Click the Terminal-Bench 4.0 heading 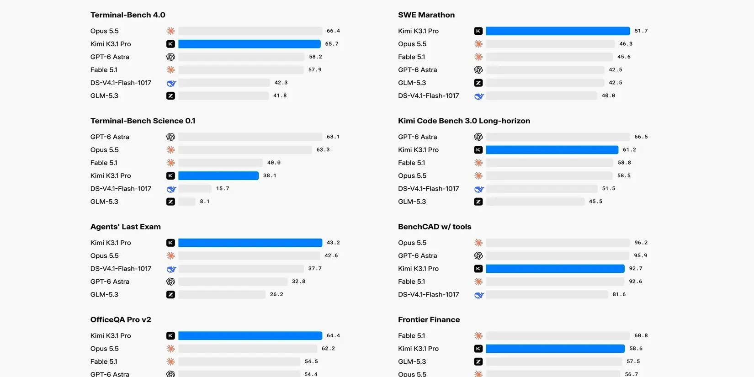tap(127, 15)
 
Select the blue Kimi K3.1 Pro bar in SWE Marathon tap(558, 31)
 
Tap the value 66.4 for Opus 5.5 tap(333, 31)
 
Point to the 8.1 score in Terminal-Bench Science tap(205, 202)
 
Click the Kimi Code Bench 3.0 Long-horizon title tap(464, 121)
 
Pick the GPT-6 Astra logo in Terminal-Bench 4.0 tap(170, 57)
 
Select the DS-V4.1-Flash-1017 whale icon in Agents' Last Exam tap(171, 269)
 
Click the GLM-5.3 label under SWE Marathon tap(412, 83)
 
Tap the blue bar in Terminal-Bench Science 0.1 tap(218, 176)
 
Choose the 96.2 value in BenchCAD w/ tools tap(641, 243)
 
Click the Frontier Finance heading tap(429, 319)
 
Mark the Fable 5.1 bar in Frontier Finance tap(558, 335)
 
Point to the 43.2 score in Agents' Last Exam tap(333, 243)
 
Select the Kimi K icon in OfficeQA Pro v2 tap(170, 335)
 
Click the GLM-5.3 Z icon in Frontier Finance tap(478, 361)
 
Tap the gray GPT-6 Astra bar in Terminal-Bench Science tap(250, 137)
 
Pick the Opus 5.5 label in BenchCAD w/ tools tap(412, 243)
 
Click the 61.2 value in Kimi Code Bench tap(629, 150)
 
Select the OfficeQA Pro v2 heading tap(121, 319)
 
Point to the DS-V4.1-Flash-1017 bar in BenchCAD tap(547, 295)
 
